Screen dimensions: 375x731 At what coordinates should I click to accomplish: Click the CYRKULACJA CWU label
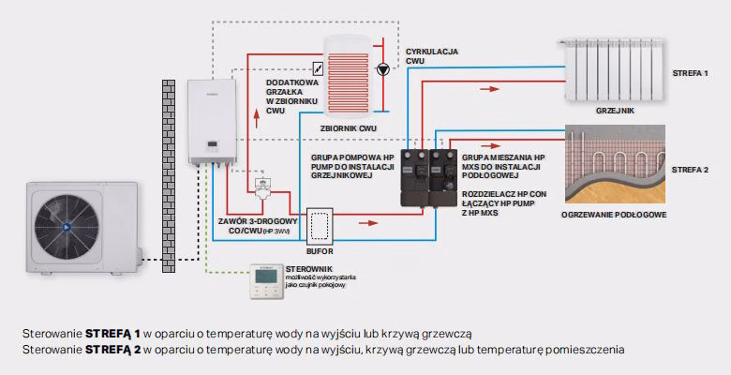point(431,56)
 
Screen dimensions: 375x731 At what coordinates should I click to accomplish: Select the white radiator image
point(613,69)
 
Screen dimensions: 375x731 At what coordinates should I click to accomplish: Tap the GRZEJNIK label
point(614,110)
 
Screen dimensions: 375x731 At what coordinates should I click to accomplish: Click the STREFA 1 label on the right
point(690,73)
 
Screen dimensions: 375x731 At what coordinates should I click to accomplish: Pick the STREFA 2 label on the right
point(690,170)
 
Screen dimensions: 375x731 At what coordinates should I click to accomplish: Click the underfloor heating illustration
point(615,165)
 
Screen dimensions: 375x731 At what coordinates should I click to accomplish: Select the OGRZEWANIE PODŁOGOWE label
point(613,216)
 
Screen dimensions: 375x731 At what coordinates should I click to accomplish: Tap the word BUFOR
point(321,252)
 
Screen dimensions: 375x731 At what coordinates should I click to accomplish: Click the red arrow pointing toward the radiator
point(488,91)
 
